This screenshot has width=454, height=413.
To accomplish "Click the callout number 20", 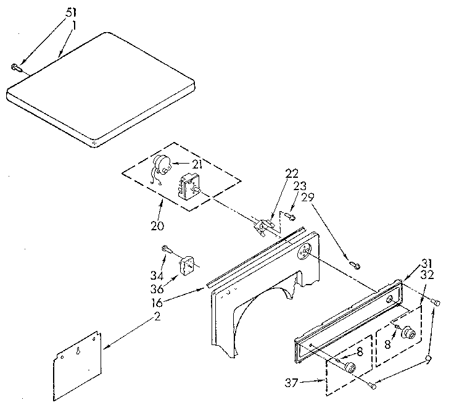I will tap(157, 225).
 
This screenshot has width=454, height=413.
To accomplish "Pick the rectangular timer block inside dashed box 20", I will tap(188, 185).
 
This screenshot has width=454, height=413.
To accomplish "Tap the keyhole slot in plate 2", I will tap(79, 350).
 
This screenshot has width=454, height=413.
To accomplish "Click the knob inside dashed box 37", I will tap(350, 368).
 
